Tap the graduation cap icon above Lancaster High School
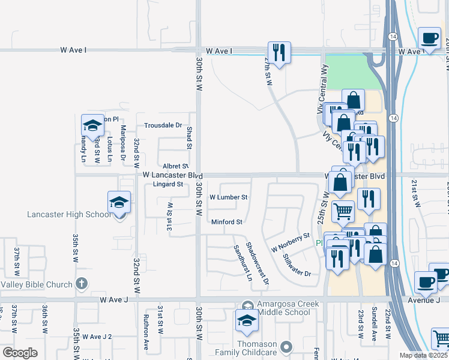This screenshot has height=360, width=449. pyautogui.click(x=119, y=202)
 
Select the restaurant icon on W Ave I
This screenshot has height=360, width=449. pyautogui.click(x=279, y=53)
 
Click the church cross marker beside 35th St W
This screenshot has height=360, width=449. pyautogui.click(x=82, y=284)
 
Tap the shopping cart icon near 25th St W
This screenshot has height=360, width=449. pyautogui.click(x=342, y=211)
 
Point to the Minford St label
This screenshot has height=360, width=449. pyautogui.click(x=226, y=222)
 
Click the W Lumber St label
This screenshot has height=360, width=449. pyautogui.click(x=228, y=197)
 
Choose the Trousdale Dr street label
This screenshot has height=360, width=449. pyautogui.click(x=163, y=125)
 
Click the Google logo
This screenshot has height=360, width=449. pyautogui.click(x=20, y=353)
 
